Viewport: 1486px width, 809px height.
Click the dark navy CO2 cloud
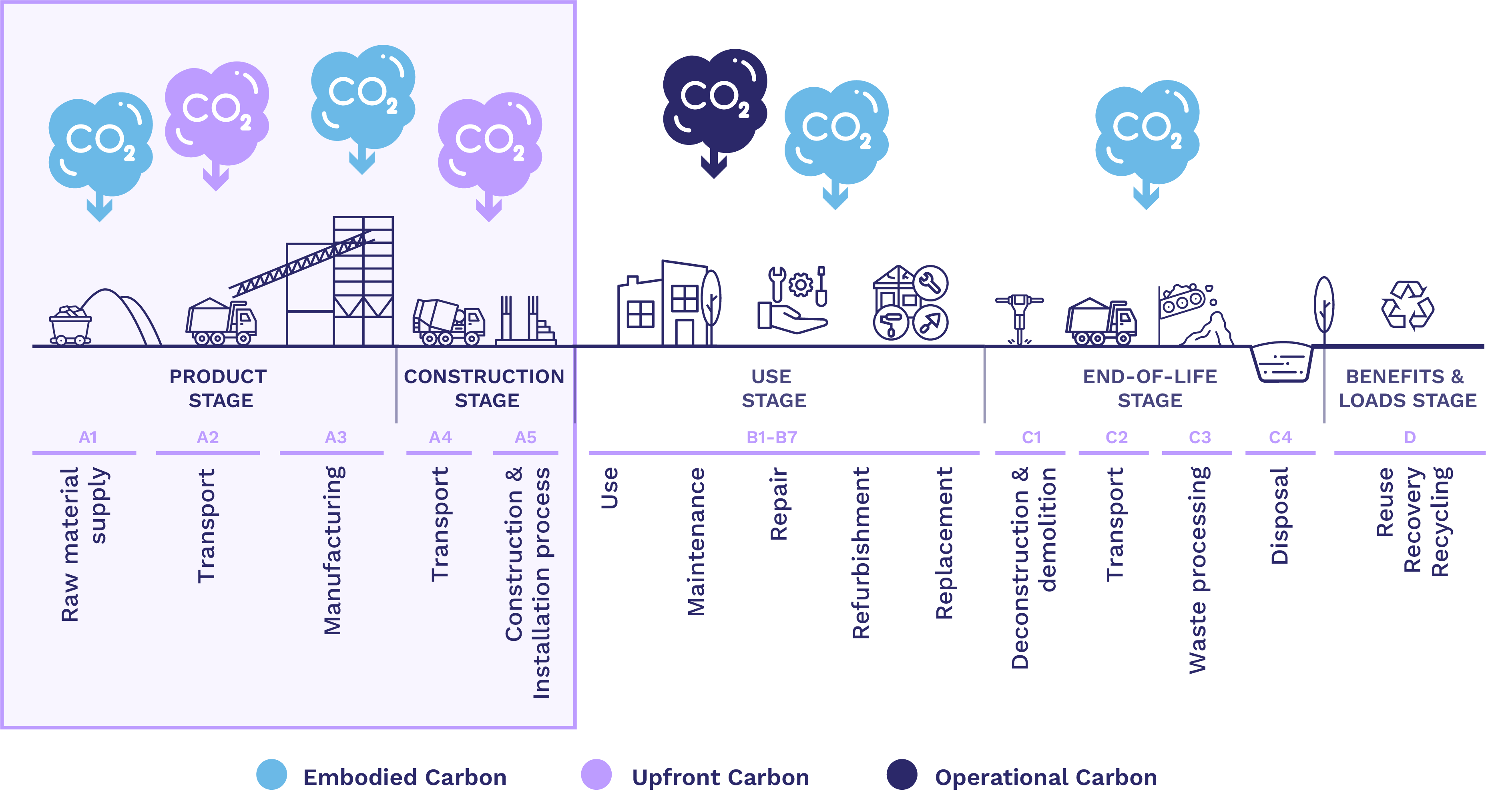[x=714, y=101]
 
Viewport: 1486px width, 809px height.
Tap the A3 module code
[x=336, y=437]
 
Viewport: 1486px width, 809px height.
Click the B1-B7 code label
[x=771, y=437]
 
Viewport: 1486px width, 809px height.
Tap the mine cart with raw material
[x=70, y=325]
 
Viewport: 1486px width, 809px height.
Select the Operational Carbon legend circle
[x=902, y=775]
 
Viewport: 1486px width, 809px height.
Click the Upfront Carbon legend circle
[x=596, y=775]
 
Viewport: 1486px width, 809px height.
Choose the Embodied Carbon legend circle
[x=272, y=775]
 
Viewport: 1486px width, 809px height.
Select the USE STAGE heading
[x=773, y=388]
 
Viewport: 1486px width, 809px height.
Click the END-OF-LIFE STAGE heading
[x=1150, y=388]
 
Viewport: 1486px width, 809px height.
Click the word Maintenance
[x=696, y=542]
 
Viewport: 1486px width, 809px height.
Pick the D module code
[x=1409, y=437]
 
